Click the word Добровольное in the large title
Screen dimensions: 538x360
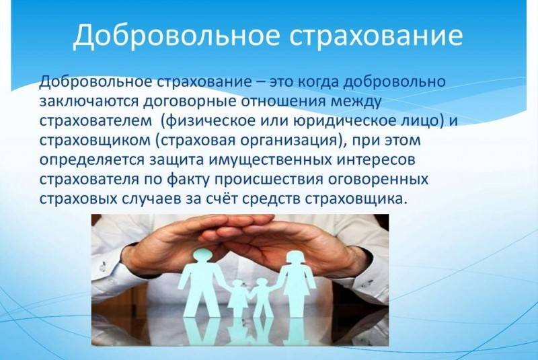click(176, 36)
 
